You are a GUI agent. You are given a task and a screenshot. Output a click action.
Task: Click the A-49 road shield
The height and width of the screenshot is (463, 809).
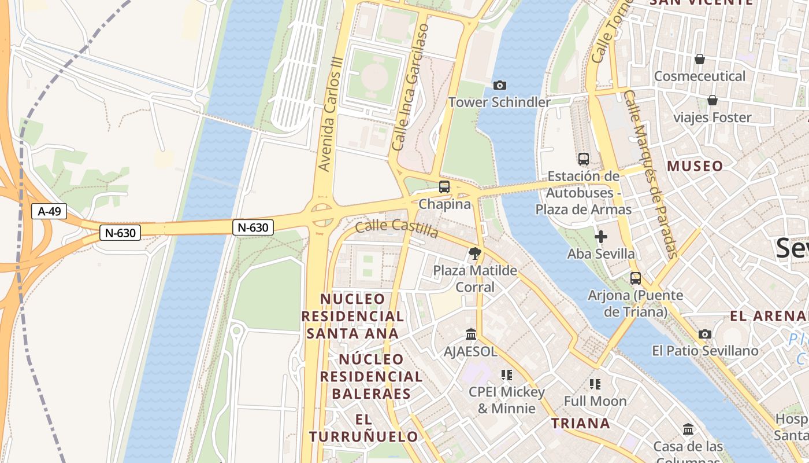(x=49, y=211)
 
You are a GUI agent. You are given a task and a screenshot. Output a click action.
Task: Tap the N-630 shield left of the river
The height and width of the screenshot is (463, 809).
(x=120, y=233)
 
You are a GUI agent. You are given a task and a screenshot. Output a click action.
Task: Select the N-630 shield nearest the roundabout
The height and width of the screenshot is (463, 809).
(x=253, y=227)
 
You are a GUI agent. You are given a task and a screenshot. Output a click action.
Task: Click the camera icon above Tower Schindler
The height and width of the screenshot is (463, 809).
(x=500, y=86)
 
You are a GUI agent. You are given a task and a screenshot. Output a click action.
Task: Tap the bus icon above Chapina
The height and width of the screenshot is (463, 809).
(x=444, y=187)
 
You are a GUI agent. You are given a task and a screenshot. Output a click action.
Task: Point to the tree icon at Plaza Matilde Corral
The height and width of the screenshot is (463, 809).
(x=474, y=253)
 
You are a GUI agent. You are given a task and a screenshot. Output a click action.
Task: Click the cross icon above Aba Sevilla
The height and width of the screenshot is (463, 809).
(x=601, y=236)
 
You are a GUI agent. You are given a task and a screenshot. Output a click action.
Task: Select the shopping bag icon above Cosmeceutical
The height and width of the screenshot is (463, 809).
(x=700, y=59)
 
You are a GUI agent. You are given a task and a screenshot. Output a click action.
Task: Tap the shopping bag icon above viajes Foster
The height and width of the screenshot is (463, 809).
(x=712, y=100)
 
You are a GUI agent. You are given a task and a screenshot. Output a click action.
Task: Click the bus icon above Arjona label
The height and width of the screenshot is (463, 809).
(x=636, y=278)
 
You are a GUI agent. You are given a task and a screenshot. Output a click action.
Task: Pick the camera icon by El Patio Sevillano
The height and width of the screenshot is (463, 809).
(x=704, y=334)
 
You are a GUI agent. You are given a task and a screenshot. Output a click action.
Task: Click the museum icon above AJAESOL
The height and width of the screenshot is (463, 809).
(x=471, y=335)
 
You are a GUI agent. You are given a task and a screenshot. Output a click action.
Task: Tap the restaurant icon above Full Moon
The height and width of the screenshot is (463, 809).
(x=595, y=384)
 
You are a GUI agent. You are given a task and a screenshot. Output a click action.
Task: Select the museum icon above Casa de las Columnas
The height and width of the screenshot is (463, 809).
(x=688, y=429)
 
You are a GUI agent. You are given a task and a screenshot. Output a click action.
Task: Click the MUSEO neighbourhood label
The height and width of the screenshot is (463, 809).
(x=695, y=166)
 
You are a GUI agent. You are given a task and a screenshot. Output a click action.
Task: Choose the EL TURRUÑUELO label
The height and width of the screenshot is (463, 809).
(x=363, y=428)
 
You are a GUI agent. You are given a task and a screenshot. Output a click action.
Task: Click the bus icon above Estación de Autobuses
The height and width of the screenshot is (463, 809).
(x=584, y=159)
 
